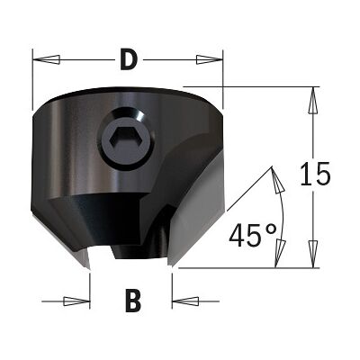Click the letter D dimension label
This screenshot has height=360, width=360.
tap(129, 59)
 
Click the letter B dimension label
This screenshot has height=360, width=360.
tap(133, 301)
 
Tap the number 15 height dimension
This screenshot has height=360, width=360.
tap(315, 174)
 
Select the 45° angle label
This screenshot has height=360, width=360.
tap(253, 235)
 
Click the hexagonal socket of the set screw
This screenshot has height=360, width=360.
tap(120, 137)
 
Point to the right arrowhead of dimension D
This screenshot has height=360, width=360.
tap(210, 59)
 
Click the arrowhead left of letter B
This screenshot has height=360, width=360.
tap(76, 301)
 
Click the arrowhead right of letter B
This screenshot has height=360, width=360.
tap(185, 301)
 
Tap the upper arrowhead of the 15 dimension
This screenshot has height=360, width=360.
tap(313, 101)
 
